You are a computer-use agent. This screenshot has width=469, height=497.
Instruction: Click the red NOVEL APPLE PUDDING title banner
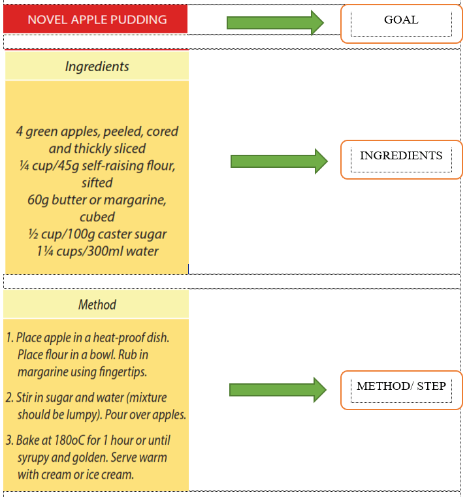(95, 19)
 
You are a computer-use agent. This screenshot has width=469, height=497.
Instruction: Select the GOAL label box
(401, 24)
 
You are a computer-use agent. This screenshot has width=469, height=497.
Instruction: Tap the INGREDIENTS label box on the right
(401, 159)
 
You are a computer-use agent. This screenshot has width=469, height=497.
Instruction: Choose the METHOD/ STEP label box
(401, 390)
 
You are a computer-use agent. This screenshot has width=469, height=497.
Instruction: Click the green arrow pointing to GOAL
(275, 22)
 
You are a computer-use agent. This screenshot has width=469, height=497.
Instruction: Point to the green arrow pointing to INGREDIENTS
(279, 161)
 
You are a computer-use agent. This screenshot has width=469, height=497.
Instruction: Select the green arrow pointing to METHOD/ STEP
(278, 389)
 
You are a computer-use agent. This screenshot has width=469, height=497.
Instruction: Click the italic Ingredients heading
(97, 67)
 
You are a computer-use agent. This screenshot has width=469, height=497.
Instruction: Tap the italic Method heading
(97, 304)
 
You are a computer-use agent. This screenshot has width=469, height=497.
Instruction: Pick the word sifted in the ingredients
(97, 183)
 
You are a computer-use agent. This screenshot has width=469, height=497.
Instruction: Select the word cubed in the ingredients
(97, 217)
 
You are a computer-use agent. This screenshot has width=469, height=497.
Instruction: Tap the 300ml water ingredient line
(97, 251)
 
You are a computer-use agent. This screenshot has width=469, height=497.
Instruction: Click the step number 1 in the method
(10, 338)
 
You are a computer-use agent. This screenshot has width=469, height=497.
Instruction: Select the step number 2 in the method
(10, 398)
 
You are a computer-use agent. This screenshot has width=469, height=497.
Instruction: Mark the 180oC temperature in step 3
(69, 441)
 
